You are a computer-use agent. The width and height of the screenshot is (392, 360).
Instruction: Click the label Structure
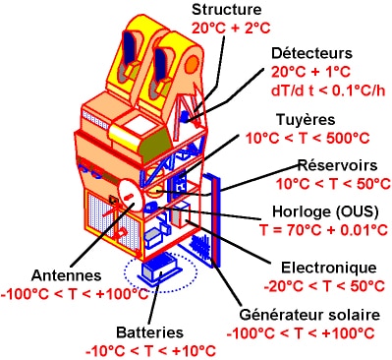[230, 11]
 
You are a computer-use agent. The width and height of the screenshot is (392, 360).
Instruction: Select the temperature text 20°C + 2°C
[230, 29]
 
